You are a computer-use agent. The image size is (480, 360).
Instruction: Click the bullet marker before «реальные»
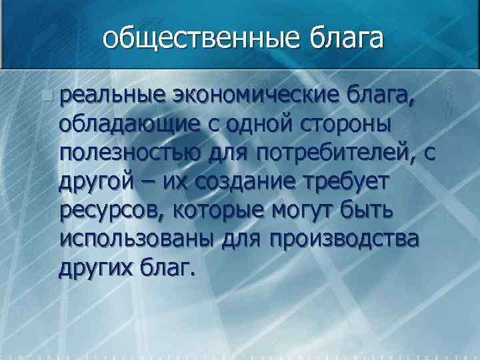(x=45, y=97)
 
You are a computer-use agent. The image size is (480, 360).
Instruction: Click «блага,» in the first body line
(x=383, y=97)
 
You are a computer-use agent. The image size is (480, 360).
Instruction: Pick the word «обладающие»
(x=127, y=125)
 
